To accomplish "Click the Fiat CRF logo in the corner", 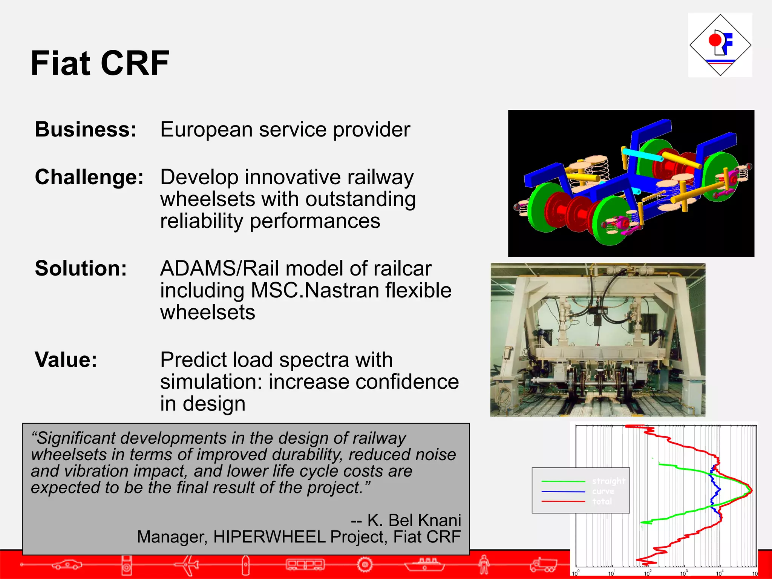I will [x=720, y=45].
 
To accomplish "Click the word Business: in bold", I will [x=86, y=130].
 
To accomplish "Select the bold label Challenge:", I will [x=89, y=177].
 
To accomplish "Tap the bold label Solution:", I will [x=81, y=269].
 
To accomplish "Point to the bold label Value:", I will [x=66, y=360].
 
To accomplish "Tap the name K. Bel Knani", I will [x=414, y=521].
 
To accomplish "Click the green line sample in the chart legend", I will [x=563, y=481].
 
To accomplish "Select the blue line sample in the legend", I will [x=563, y=492].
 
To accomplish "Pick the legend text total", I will [x=602, y=502].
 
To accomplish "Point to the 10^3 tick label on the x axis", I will [x=684, y=573].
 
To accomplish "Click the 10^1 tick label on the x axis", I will [x=611, y=573].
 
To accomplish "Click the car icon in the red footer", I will [x=67, y=564].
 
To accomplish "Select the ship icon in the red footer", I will [x=424, y=564].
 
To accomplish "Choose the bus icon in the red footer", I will [x=305, y=564].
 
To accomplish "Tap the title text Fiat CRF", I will [x=100, y=63].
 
